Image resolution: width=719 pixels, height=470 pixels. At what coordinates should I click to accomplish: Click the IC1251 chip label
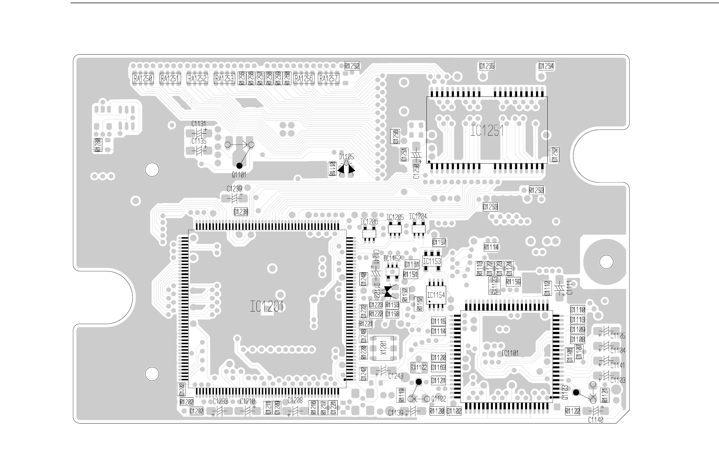coord(486,131)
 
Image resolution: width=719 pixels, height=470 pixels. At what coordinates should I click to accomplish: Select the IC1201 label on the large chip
coord(267,306)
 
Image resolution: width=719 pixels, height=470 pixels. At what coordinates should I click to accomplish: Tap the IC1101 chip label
coord(510,353)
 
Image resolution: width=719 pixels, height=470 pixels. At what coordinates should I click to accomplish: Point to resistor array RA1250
coord(143,78)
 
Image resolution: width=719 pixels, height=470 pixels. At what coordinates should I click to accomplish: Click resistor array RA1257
coord(328,78)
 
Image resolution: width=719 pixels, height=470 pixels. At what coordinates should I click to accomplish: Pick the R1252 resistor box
coord(352,66)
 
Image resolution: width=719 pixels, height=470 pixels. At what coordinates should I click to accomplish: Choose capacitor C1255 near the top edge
coord(487,66)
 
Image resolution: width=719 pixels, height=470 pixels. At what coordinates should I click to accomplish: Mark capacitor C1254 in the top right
coord(546,66)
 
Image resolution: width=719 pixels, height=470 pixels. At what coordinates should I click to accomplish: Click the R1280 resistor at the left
coord(98,145)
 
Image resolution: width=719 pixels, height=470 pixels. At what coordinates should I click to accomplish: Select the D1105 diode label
coord(346,157)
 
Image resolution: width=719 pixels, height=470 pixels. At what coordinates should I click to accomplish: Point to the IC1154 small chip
coord(436,294)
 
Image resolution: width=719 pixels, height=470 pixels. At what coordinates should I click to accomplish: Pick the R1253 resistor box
coord(536,190)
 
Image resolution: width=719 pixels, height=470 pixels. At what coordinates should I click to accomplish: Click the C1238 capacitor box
coord(241,212)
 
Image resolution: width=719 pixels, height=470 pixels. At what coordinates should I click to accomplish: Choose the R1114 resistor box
coord(491,247)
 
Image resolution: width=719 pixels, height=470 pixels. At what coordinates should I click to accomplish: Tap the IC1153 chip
coord(432,261)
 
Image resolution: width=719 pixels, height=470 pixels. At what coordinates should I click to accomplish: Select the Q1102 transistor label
coord(438,399)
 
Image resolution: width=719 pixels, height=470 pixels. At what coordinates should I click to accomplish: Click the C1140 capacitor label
coord(595,420)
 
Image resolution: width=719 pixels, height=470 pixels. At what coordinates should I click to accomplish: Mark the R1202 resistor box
coord(186,402)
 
